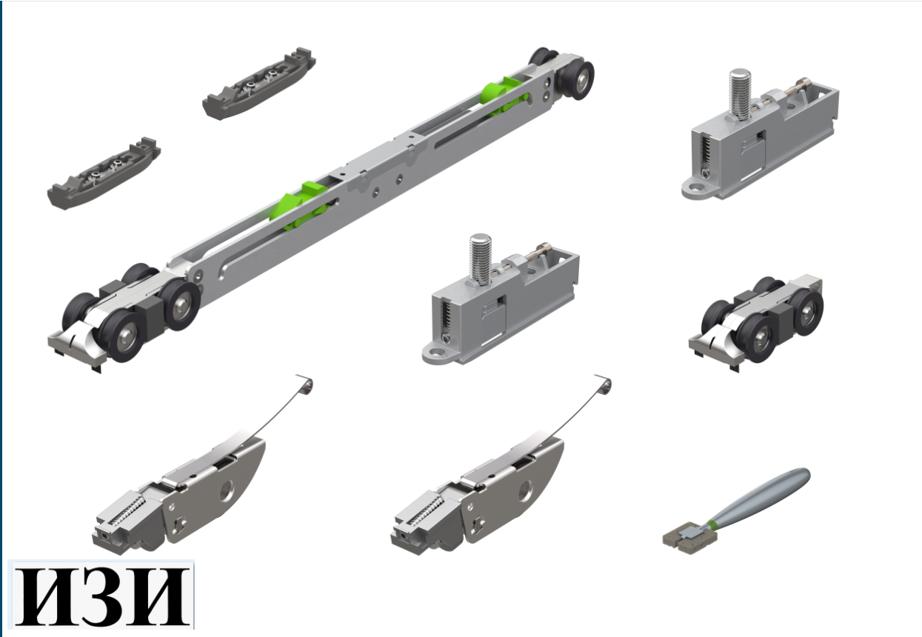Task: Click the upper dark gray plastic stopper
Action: pyautogui.click(x=259, y=84)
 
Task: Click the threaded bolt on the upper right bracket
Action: pyautogui.click(x=740, y=95)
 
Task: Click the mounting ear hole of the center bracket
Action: pyautogui.click(x=436, y=353)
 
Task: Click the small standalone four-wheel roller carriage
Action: pyautogui.click(x=757, y=322)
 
